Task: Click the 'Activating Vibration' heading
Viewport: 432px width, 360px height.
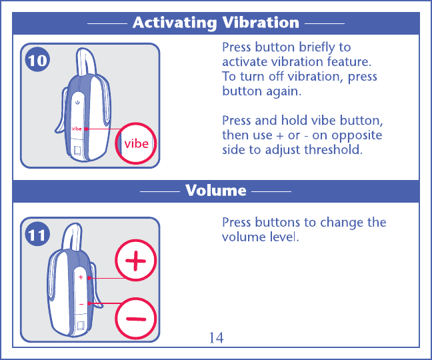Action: pyautogui.click(x=215, y=23)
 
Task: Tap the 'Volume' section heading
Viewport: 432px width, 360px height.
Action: pyautogui.click(x=215, y=191)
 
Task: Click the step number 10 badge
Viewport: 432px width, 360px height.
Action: pyautogui.click(x=38, y=61)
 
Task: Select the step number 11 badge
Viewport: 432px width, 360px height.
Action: pyautogui.click(x=38, y=234)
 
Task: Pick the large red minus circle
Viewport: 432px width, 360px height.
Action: pyautogui.click(x=136, y=319)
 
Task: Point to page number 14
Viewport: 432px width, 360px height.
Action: pyautogui.click(x=216, y=338)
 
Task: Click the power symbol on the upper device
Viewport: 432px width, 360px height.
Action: pyautogui.click(x=78, y=103)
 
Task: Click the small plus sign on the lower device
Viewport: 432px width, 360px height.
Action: pyautogui.click(x=81, y=277)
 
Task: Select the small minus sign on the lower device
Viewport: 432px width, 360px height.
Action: pyautogui.click(x=81, y=304)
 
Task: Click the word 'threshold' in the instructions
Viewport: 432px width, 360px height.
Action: pyautogui.click(x=334, y=150)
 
